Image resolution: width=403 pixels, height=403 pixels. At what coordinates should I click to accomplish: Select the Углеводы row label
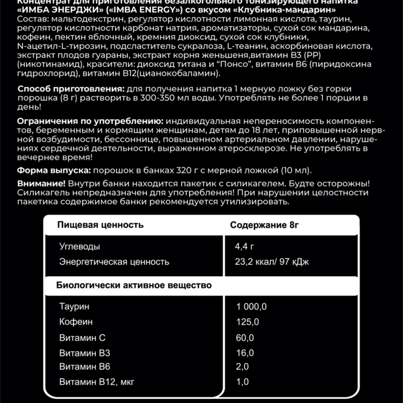click(80, 247)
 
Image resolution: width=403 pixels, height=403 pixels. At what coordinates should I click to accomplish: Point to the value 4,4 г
click(244, 247)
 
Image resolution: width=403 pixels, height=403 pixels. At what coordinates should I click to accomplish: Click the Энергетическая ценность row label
click(114, 262)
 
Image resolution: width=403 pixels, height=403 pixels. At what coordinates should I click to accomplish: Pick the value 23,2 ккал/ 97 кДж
click(271, 262)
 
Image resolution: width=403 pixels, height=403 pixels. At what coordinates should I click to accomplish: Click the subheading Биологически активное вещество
click(134, 285)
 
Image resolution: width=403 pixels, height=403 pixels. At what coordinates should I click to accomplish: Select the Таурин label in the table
click(74, 306)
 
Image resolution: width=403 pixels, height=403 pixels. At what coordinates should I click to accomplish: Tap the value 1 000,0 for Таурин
click(251, 306)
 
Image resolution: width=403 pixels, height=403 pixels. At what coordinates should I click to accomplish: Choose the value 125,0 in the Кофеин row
click(247, 322)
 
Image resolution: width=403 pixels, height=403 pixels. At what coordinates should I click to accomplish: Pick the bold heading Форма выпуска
click(54, 170)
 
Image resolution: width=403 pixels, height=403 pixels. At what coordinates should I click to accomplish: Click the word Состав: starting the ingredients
click(31, 19)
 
